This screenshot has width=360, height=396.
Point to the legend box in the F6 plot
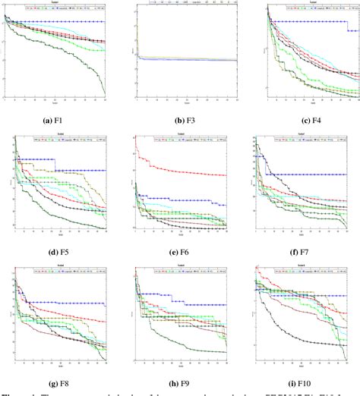183,140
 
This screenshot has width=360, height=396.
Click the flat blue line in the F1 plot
61,22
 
